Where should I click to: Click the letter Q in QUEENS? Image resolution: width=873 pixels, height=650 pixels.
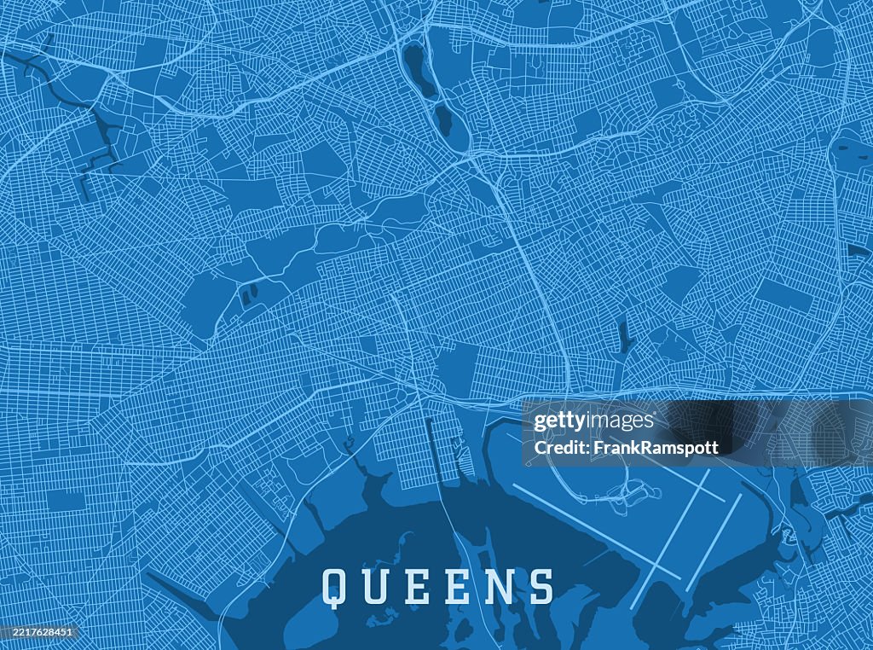click(x=333, y=586)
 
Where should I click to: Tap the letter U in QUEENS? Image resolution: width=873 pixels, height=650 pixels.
click(x=375, y=586)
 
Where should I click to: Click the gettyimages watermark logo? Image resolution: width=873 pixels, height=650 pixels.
click(x=593, y=421)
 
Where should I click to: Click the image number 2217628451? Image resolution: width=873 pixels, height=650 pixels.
click(x=38, y=632)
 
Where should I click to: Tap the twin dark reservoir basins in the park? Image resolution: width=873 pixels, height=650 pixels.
click(x=250, y=295)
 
